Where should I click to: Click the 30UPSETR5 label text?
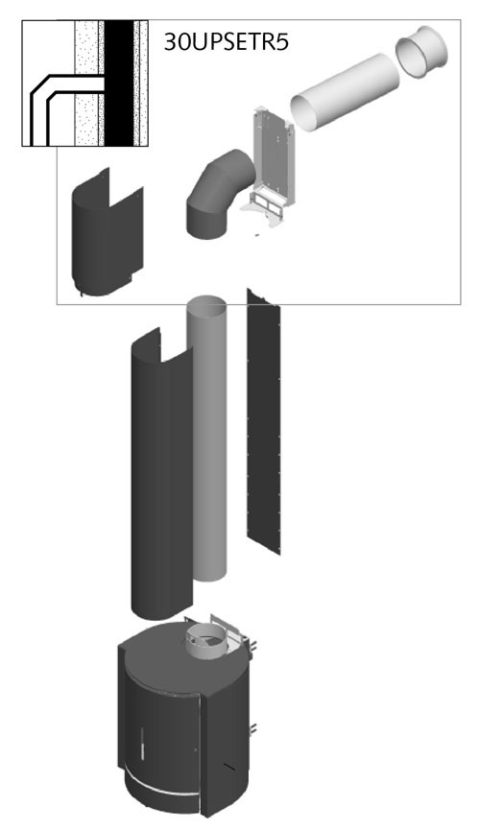coord(227,42)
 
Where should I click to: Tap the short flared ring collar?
coord(422,53)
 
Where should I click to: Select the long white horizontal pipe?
coord(347,91)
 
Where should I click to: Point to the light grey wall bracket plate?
coord(272,154)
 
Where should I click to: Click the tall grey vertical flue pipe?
coord(206,439)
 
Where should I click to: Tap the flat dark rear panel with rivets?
coord(264,421)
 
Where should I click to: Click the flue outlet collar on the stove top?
coord(207,642)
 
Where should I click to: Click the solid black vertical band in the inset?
coord(119,83)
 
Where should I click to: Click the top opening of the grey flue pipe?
coord(206,303)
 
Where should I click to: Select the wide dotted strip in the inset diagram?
coord(87,83)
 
